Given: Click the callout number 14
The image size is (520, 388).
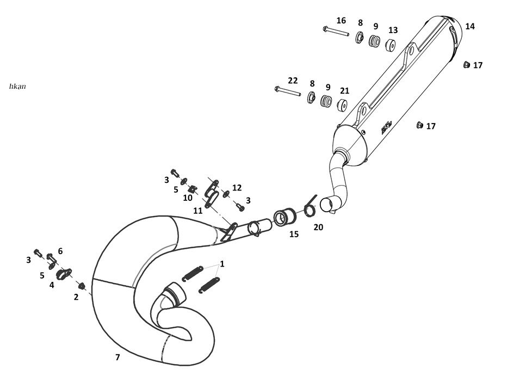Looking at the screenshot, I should coord(470,26).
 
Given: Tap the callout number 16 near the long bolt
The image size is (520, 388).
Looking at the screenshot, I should coord(341,21).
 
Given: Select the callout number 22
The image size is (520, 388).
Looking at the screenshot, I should coord(293,81).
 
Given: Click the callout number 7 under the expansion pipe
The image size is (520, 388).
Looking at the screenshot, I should coord(117,358).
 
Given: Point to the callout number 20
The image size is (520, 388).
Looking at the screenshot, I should coord(318,227).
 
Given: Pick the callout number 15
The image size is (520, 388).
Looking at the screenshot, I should coord(294,235).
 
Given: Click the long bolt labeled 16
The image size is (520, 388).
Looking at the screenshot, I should coord(335,32).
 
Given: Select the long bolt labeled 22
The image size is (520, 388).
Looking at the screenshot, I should coord(287,91).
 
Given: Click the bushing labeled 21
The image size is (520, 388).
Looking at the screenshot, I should coord(343,105).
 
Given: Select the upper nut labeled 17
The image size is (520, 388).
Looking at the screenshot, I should coord(466,65).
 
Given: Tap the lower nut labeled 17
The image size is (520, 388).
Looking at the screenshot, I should coord(419,126).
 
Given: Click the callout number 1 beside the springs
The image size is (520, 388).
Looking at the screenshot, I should coord(222,263).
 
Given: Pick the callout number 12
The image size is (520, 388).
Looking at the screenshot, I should coord(237,188).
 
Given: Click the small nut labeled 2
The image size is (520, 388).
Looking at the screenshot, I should coord(82,286).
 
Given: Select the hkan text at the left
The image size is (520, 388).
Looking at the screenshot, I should coord(17,86).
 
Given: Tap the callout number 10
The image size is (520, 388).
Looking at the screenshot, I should coord(188,198).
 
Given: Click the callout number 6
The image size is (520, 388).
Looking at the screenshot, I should coord(60,251).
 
